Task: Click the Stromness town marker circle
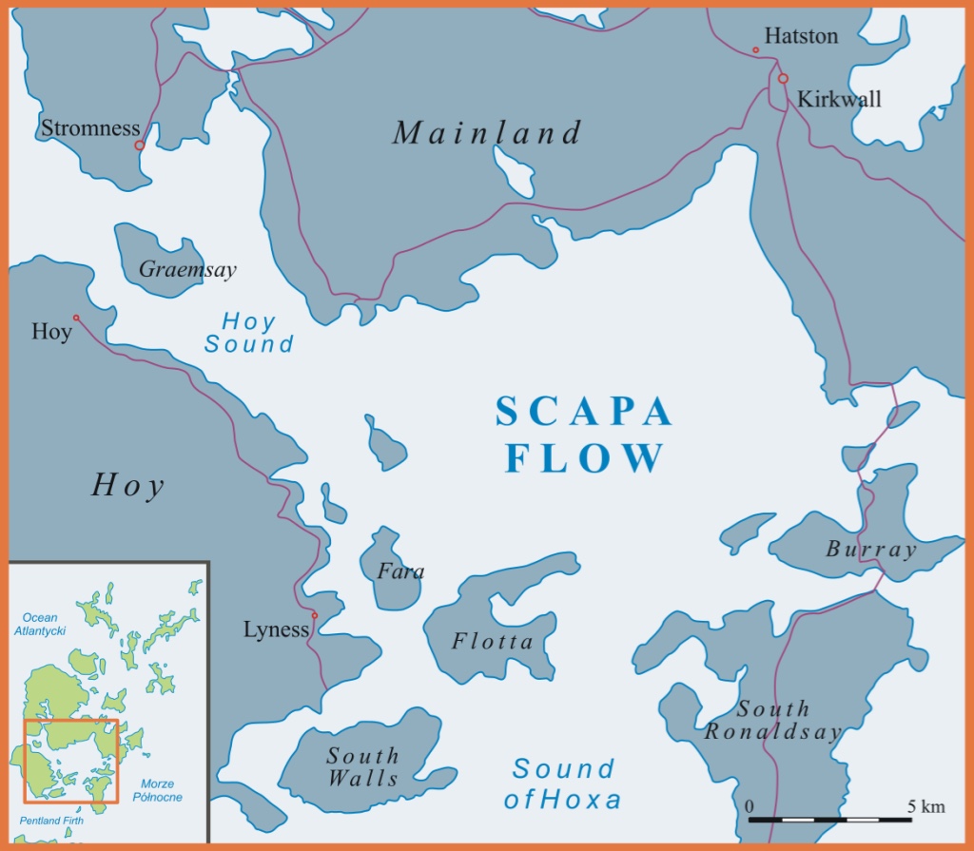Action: (x=139, y=145)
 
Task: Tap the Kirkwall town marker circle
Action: (x=783, y=79)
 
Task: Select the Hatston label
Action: (x=802, y=36)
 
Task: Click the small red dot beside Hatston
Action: (x=755, y=49)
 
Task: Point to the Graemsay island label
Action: (x=187, y=270)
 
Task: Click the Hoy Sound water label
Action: (x=249, y=333)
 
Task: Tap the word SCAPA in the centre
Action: (x=584, y=413)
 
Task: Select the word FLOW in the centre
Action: (x=584, y=458)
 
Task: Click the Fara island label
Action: (x=400, y=571)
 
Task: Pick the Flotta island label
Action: (x=493, y=642)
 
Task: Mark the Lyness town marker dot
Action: (x=315, y=615)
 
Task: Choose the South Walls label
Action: (x=362, y=766)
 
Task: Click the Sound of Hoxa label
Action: (x=563, y=783)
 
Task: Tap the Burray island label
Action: (x=871, y=550)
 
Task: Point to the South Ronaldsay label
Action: (x=773, y=721)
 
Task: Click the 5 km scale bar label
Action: (x=925, y=807)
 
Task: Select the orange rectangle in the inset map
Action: (x=70, y=761)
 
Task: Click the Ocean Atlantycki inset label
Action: (x=40, y=624)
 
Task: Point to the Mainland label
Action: (x=486, y=133)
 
